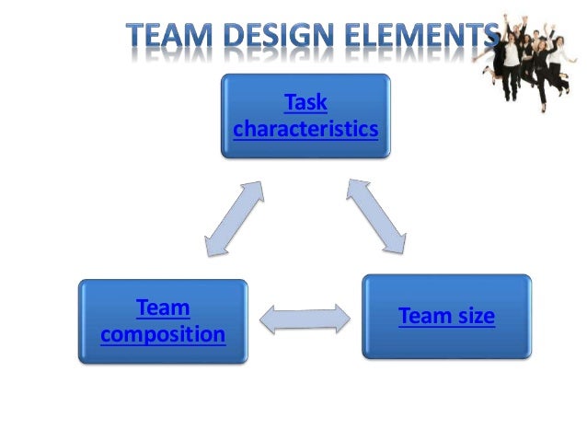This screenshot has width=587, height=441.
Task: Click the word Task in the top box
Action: (x=305, y=102)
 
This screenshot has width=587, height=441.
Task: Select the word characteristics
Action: (x=305, y=130)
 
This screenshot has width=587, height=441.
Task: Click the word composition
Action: (x=163, y=333)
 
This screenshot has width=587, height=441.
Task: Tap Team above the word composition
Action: (x=163, y=307)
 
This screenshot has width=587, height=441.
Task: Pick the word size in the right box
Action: (x=472, y=317)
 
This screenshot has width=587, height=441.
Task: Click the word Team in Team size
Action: (x=421, y=317)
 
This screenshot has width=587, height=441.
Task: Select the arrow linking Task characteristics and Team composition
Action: (x=235, y=217)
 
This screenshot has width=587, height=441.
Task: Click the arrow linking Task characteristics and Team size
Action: (x=376, y=216)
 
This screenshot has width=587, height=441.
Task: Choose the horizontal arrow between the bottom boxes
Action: (x=305, y=319)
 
